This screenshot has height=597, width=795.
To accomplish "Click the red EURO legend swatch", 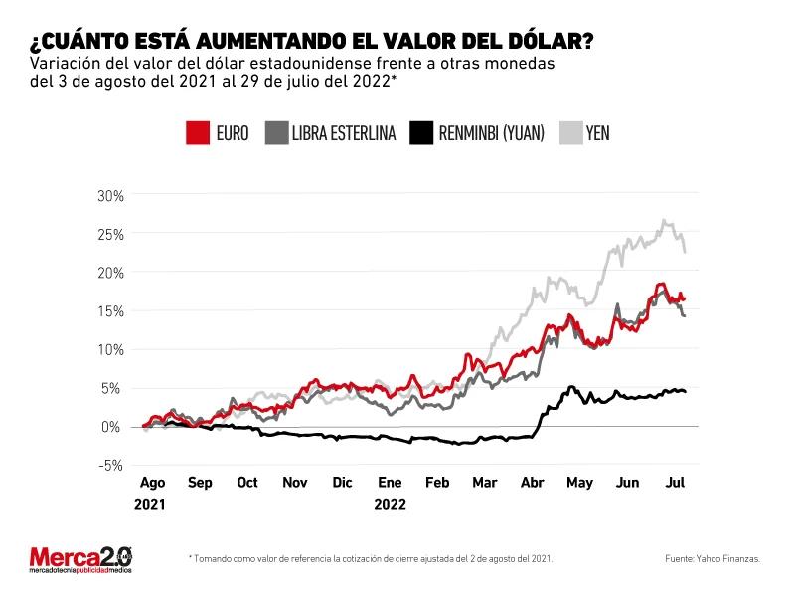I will click(x=198, y=132).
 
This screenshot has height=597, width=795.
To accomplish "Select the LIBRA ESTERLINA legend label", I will click(x=344, y=132).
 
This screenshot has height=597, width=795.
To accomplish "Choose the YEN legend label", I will click(x=598, y=132).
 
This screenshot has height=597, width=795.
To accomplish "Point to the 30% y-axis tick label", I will click(x=109, y=195).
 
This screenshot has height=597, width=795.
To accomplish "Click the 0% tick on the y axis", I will click(x=113, y=427).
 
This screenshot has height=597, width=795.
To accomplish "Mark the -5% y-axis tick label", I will click(x=109, y=465).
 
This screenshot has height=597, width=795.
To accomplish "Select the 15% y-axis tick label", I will click(x=109, y=310).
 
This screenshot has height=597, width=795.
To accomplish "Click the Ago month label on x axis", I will click(x=152, y=483).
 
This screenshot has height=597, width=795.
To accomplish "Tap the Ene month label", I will click(x=390, y=483).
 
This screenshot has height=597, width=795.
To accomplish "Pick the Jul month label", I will click(x=675, y=483).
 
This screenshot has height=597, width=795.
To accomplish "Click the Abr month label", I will click(x=533, y=483).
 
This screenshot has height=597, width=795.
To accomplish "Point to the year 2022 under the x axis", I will click(x=390, y=504).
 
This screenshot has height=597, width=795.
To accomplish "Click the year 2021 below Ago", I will click(x=152, y=504).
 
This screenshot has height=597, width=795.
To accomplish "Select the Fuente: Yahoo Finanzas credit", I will click(x=714, y=559).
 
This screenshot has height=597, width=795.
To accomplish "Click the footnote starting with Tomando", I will click(x=370, y=559).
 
